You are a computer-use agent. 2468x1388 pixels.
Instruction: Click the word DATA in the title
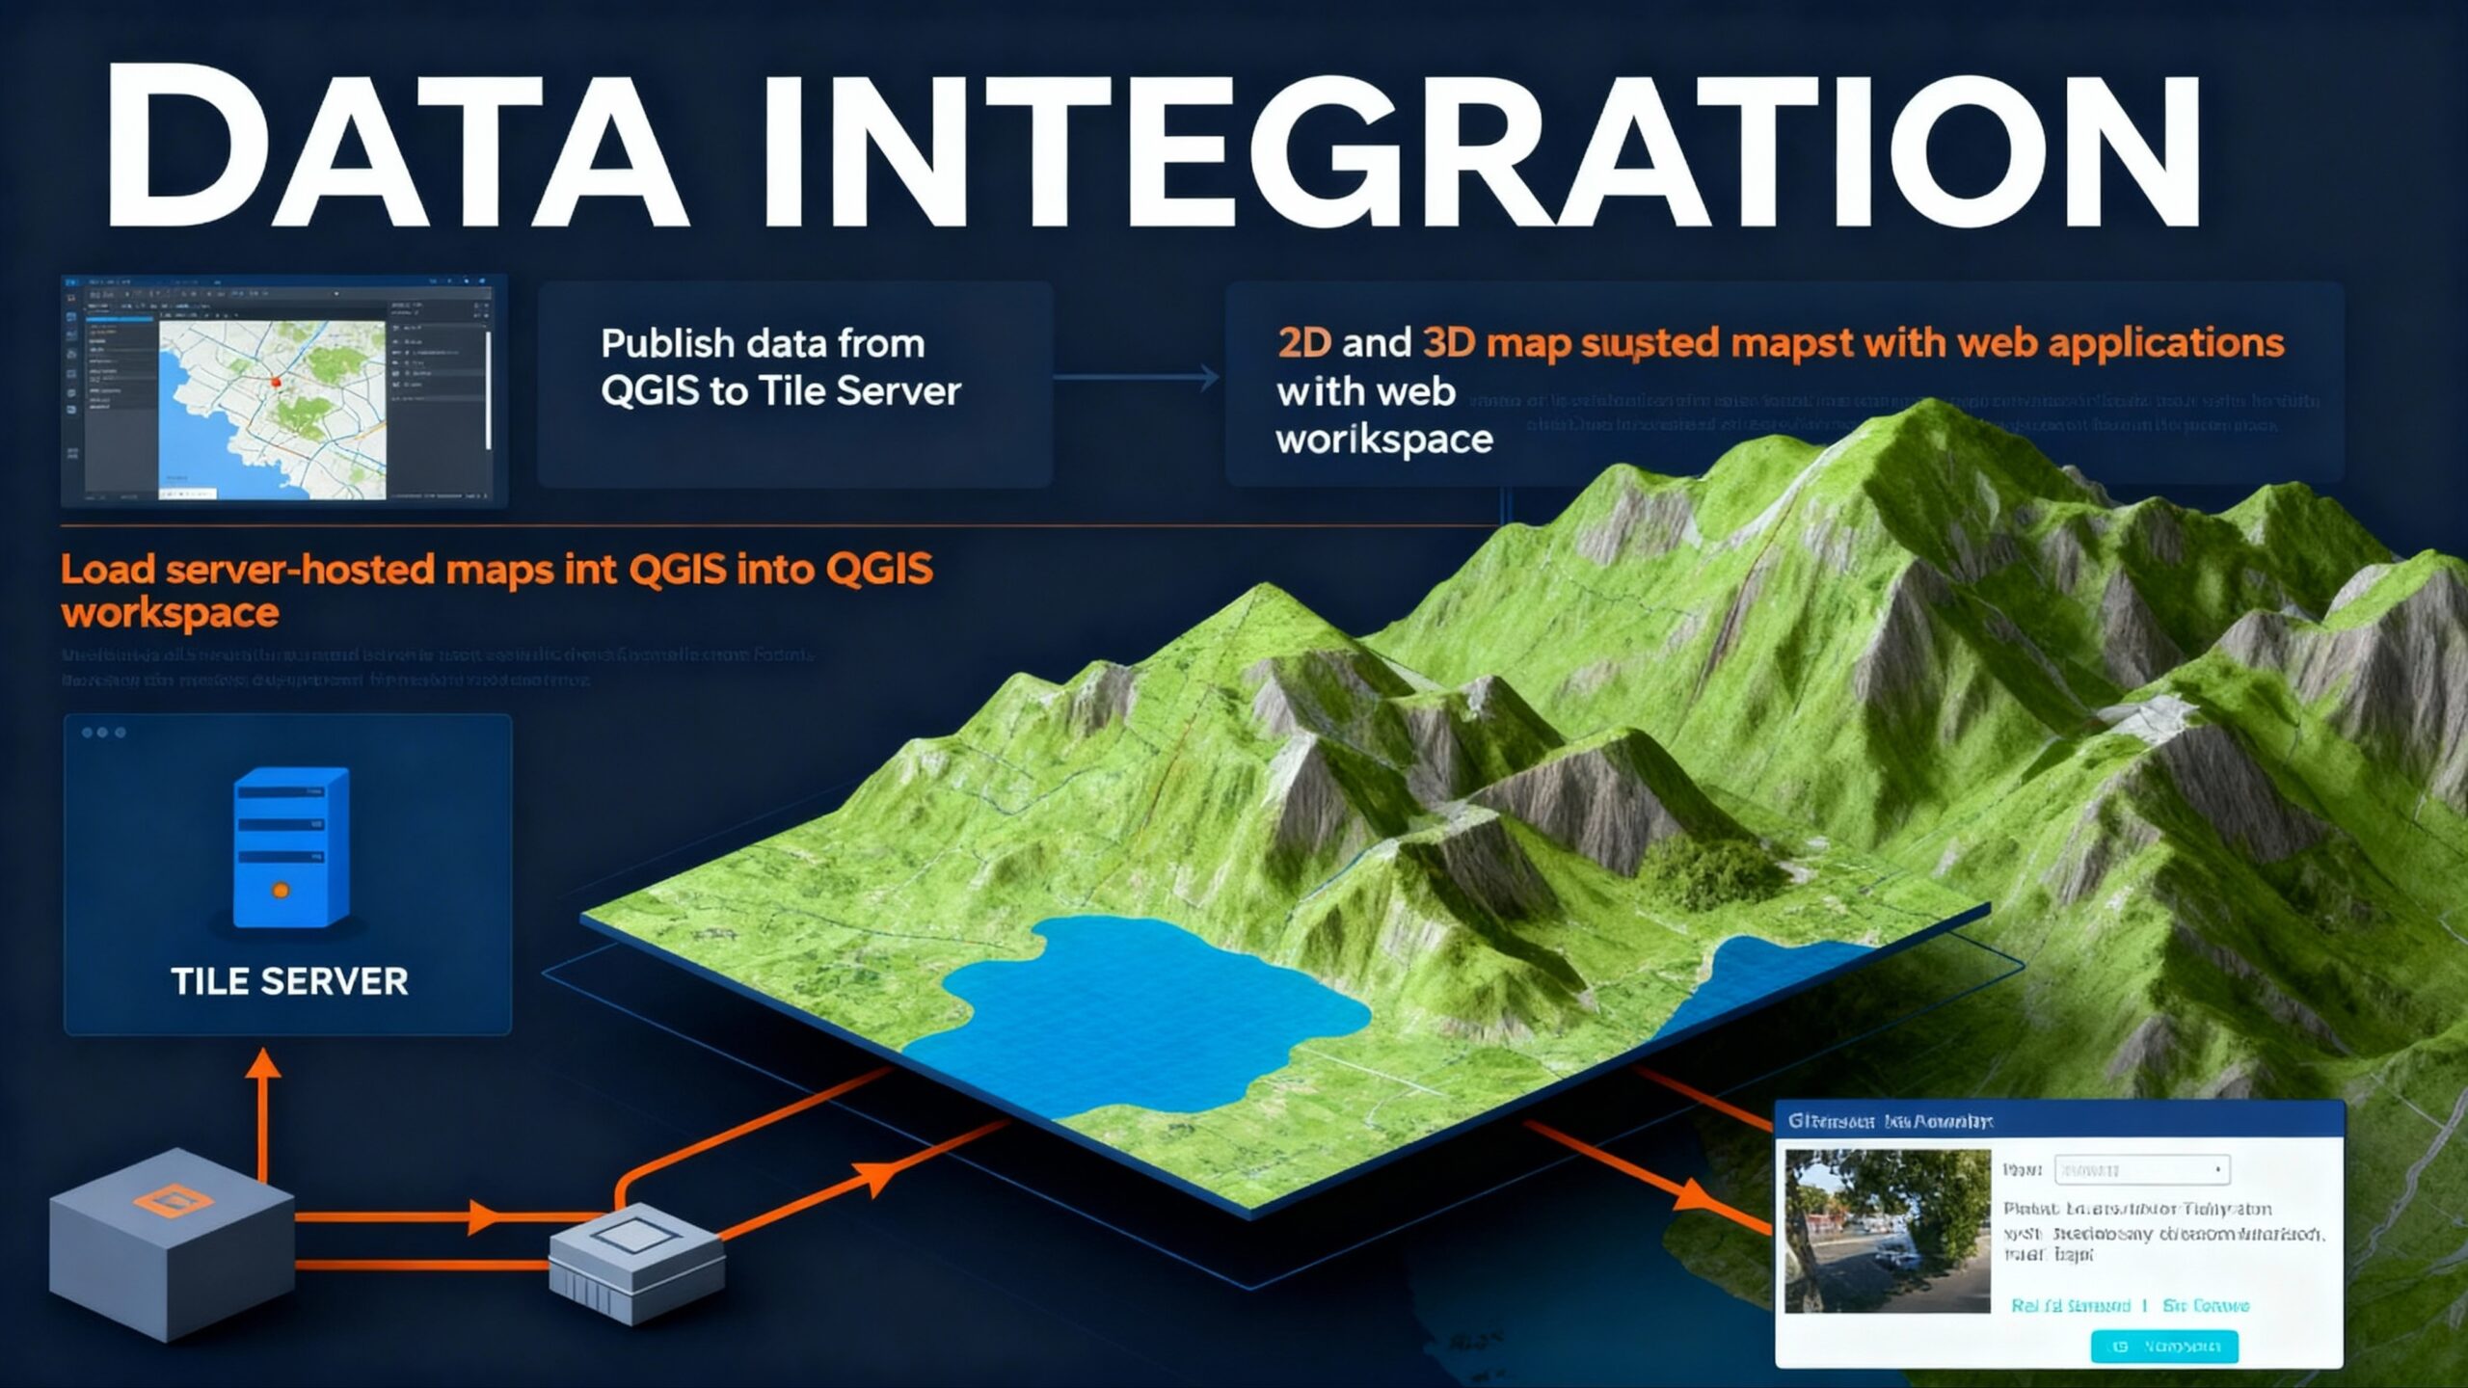pos(395,149)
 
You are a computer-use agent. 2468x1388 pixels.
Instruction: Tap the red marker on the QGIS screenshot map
pos(276,383)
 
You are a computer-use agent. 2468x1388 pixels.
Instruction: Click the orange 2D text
pos(1303,343)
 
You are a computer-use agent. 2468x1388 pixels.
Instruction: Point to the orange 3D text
pos(1448,343)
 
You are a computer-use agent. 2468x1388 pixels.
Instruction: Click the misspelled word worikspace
pos(1384,440)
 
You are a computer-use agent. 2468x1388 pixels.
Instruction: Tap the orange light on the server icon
pos(281,891)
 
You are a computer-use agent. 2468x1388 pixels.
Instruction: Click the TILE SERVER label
pos(289,981)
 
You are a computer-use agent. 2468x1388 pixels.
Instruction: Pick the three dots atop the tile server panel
pos(103,733)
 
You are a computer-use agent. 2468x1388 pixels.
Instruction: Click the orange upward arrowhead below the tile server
pos(263,1064)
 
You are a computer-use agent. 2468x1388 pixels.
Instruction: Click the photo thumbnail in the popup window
pos(1887,1230)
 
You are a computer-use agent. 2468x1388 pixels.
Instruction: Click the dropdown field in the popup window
pos(2140,1169)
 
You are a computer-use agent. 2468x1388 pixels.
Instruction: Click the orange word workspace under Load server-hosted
pos(171,613)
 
